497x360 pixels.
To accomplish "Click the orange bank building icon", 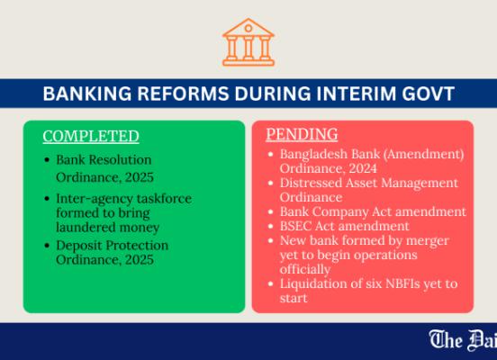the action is pyautogui.click(x=248, y=42).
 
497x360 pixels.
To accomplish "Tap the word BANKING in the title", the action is pyautogui.click(x=87, y=94).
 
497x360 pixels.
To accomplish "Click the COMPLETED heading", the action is pyautogui.click(x=91, y=136).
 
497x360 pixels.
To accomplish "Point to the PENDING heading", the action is pyautogui.click(x=302, y=134).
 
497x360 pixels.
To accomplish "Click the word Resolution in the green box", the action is pyautogui.click(x=120, y=159).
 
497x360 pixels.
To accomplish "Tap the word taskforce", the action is pyautogui.click(x=164, y=199).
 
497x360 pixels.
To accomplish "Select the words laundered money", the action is pyautogui.click(x=107, y=227).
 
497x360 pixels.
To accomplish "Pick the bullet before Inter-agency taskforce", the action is pyautogui.click(x=47, y=199).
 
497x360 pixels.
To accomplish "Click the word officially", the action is pyautogui.click(x=305, y=269).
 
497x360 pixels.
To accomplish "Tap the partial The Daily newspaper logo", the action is pyautogui.click(x=463, y=340).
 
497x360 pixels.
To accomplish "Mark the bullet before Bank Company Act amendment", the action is pyautogui.click(x=270, y=211).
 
